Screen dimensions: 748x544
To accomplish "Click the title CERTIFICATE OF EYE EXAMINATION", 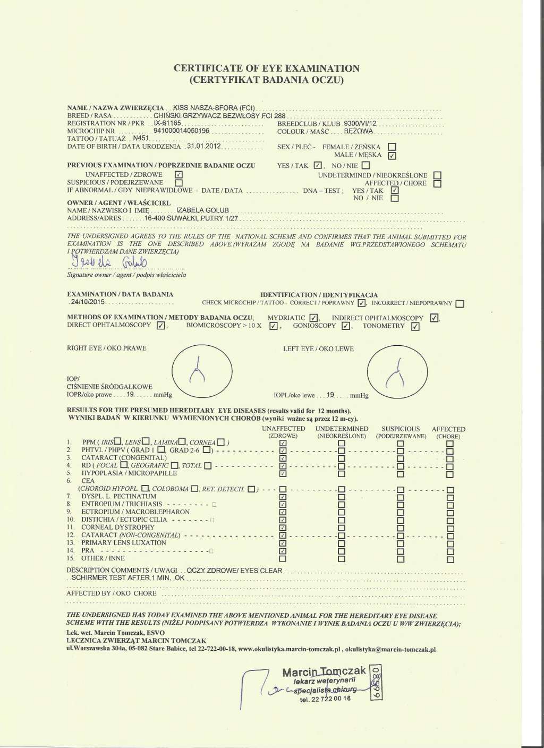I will [x=267, y=69].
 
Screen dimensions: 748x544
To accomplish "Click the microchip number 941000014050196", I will [x=182, y=131].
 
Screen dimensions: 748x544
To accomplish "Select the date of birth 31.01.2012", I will [x=203, y=146].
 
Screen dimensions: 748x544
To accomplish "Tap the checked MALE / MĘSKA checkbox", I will [x=392, y=156].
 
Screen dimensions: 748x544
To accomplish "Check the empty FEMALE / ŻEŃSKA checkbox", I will [x=392, y=147].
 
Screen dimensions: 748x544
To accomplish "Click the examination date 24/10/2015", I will [x=88, y=302].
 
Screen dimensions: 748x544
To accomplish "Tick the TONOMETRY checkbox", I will [x=415, y=327].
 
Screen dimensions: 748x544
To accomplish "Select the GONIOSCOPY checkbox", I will [x=345, y=326].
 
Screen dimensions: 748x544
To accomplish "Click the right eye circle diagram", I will [x=202, y=372].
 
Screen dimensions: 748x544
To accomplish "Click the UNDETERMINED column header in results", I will [x=342, y=429].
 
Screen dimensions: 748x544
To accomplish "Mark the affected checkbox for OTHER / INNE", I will [x=450, y=559].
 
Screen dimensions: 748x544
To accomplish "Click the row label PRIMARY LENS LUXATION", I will [x=124, y=542].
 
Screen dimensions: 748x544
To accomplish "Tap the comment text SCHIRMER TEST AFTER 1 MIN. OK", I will [x=128, y=577].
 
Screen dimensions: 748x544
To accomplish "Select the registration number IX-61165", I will [x=168, y=123].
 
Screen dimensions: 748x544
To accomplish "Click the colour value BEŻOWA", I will [x=359, y=131].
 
